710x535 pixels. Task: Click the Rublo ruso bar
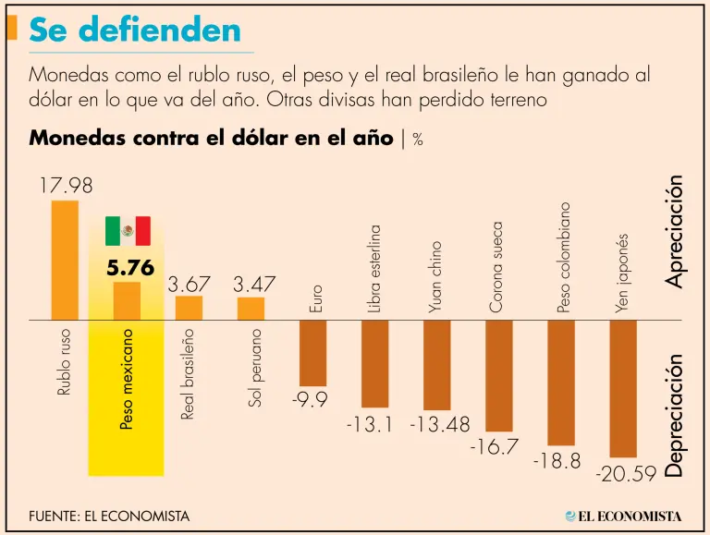(65, 260)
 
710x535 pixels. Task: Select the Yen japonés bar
(623, 388)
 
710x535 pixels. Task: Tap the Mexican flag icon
(128, 231)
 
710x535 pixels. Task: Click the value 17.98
(66, 186)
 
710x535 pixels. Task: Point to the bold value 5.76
(129, 270)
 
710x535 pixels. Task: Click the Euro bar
(313, 353)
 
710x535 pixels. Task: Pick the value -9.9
(313, 400)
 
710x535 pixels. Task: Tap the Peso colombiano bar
(561, 383)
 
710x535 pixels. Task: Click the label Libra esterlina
(375, 268)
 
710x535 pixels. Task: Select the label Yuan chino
(436, 278)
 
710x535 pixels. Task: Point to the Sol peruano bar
(251, 309)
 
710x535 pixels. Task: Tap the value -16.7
(499, 447)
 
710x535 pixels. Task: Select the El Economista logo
(624, 516)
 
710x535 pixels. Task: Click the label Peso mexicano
(127, 379)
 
